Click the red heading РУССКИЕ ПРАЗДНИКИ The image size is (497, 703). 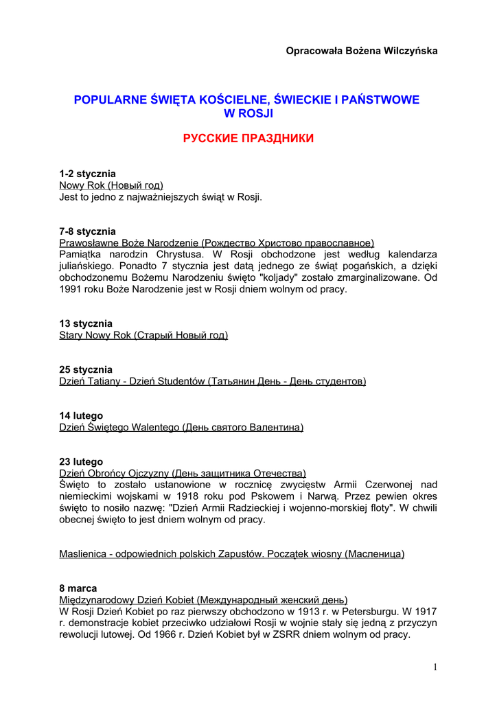click(x=248, y=139)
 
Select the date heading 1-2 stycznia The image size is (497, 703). click(x=87, y=174)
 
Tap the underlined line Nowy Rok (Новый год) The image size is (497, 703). click(x=111, y=185)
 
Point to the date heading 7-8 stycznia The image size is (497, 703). click(x=87, y=231)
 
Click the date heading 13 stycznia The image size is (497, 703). click(x=86, y=323)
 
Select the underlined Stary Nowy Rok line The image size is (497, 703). click(x=143, y=335)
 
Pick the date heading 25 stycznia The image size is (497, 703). click(x=86, y=369)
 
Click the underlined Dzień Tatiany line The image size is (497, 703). click(x=213, y=381)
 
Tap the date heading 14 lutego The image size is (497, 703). click(x=81, y=415)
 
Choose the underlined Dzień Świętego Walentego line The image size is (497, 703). click(x=181, y=427)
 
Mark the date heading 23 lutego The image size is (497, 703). click(x=81, y=462)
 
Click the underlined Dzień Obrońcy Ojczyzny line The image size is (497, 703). click(x=183, y=474)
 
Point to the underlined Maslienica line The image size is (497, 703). click(x=232, y=554)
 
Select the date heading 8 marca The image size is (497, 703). click(x=78, y=588)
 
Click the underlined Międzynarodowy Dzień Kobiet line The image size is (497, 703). click(x=203, y=600)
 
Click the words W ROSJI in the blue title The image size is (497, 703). click(x=248, y=113)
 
